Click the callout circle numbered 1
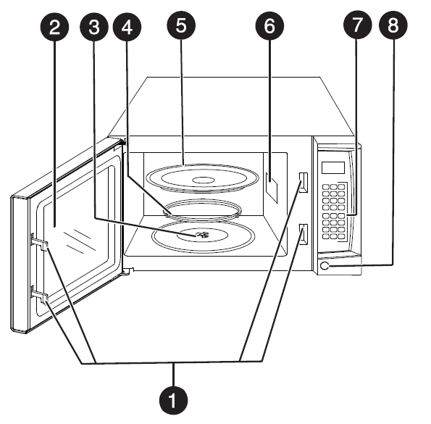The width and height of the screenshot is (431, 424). [174, 398]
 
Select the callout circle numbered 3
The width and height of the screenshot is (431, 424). [94, 28]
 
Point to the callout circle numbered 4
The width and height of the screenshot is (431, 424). [129, 28]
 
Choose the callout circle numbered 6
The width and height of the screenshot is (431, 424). [269, 28]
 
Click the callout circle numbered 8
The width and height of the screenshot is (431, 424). [393, 28]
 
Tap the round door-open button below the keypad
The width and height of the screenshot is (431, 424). [325, 267]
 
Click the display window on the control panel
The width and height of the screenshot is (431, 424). [332, 167]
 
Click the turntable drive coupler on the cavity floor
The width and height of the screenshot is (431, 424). [202, 234]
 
